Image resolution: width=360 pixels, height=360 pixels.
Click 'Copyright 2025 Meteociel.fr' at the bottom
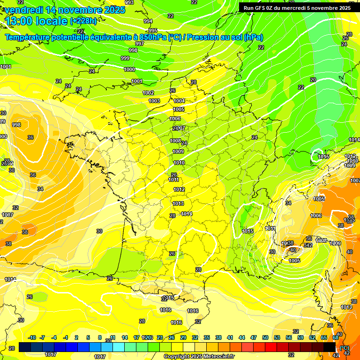point(199,356)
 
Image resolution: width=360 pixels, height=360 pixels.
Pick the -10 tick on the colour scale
point(32,337)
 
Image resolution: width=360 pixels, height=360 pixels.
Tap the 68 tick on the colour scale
point(336,337)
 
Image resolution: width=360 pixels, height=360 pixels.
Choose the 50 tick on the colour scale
point(265,337)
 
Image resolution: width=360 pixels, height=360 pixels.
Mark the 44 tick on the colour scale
point(242,337)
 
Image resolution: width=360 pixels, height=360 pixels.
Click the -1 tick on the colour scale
point(66,337)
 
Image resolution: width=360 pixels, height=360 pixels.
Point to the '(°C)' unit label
point(345,348)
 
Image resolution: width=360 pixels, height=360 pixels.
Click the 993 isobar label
point(129,3)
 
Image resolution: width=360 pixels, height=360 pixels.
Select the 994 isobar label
point(148,21)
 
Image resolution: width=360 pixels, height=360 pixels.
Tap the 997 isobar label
point(140,44)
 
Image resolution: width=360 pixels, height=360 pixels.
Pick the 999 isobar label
point(125,58)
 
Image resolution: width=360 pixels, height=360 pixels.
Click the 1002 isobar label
point(149,93)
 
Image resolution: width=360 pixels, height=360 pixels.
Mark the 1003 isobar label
point(154,101)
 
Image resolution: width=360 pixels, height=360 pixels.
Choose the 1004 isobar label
point(179,101)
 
